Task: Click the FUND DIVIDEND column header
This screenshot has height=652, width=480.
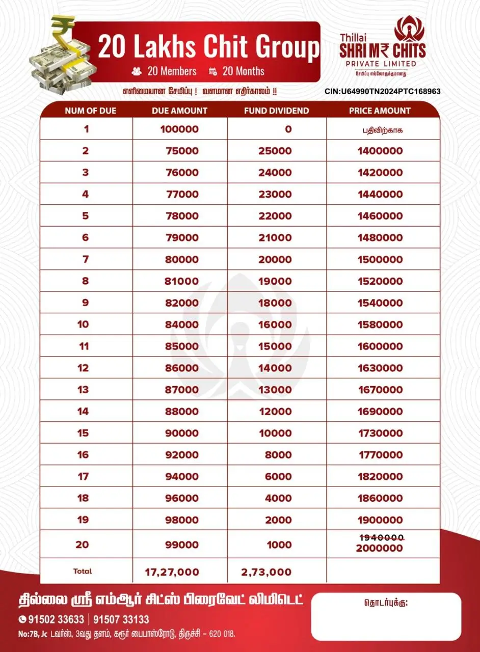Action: click(x=276, y=111)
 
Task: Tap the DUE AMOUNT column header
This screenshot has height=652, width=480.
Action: click(x=179, y=111)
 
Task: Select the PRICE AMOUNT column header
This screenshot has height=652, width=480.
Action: click(x=380, y=111)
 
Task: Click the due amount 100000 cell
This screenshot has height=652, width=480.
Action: click(x=179, y=129)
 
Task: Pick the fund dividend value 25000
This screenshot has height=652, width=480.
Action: click(x=275, y=151)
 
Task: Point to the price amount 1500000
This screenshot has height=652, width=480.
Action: click(x=380, y=259)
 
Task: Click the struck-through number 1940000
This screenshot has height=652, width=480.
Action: click(x=380, y=538)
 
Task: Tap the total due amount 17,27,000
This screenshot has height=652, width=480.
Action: click(x=172, y=572)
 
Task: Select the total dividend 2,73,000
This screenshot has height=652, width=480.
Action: click(x=266, y=572)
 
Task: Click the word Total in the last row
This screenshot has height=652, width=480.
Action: click(x=83, y=572)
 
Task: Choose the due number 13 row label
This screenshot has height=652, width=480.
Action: click(x=83, y=390)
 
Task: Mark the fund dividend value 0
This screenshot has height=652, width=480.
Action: click(x=288, y=129)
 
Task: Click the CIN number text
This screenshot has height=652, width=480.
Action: click(x=382, y=92)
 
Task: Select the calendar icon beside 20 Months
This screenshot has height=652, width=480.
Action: click(x=213, y=72)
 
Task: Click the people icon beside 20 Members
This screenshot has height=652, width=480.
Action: click(x=137, y=72)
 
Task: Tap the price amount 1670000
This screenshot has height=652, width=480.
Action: click(x=380, y=390)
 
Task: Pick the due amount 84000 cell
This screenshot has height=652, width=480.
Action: click(x=182, y=324)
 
